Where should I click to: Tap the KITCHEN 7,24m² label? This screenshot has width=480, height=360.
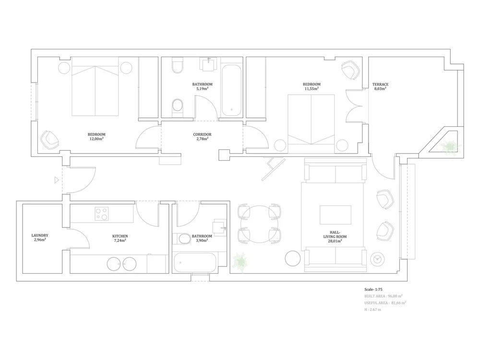pyautogui.click(x=120, y=238)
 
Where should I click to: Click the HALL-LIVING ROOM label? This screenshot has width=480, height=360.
pyautogui.click(x=335, y=236)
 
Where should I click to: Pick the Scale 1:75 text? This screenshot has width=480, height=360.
pyautogui.click(x=373, y=289)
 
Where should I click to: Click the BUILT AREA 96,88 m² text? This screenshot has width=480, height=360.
pyautogui.click(x=383, y=296)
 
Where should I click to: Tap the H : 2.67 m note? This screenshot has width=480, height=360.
pyautogui.click(x=372, y=310)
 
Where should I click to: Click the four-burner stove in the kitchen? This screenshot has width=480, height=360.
pyautogui.click(x=102, y=214)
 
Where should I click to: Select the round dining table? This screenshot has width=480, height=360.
pyautogui.click(x=260, y=224)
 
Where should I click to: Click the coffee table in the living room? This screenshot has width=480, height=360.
pyautogui.click(x=336, y=215)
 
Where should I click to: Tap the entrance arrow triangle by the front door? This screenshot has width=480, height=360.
pyautogui.click(x=56, y=180)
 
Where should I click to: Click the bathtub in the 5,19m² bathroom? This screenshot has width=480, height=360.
pyautogui.click(x=231, y=90)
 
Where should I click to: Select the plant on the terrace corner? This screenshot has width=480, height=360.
pyautogui.click(x=449, y=146)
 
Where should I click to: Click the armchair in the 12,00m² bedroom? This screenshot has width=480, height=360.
pyautogui.click(x=50, y=140)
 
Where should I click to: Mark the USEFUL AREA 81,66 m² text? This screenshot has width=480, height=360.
pyautogui.click(x=385, y=303)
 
